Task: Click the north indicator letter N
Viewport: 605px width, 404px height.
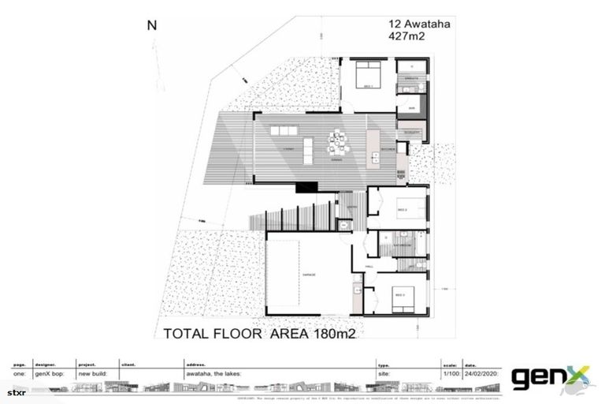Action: [x=152, y=24]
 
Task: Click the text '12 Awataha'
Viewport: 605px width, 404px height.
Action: [x=418, y=24]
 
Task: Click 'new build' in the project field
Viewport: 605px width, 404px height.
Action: [x=93, y=375]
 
